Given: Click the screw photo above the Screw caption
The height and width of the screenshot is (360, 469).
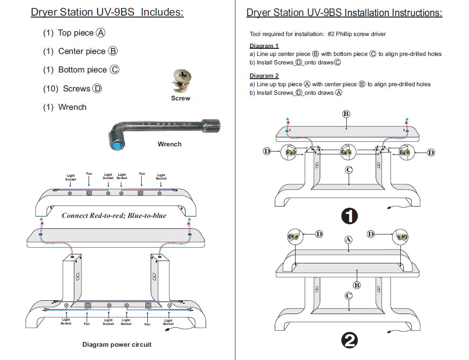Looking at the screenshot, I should pyautogui.click(x=180, y=81).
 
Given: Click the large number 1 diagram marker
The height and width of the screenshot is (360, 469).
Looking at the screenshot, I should pyautogui.click(x=349, y=216).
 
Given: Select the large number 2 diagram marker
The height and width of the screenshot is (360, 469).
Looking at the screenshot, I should pyautogui.click(x=349, y=341).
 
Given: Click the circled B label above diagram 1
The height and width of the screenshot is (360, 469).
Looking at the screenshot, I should pyautogui.click(x=346, y=114).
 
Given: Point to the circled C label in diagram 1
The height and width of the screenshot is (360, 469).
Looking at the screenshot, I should pyautogui.click(x=349, y=170).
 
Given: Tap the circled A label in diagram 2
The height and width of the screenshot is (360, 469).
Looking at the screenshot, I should pyautogui.click(x=348, y=240).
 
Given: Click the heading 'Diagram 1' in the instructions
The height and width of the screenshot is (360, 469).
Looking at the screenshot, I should pyautogui.click(x=264, y=46).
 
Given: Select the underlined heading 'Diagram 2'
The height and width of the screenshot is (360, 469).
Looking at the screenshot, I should pyautogui.click(x=264, y=76).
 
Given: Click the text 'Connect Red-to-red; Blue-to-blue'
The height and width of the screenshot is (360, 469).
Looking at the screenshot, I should pyautogui.click(x=114, y=215).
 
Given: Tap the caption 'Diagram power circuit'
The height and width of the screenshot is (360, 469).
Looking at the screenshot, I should pyautogui.click(x=117, y=344).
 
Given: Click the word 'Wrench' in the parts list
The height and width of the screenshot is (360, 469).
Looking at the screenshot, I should pyautogui.click(x=72, y=107).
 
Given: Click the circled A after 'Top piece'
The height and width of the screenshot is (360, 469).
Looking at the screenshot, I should pyautogui.click(x=100, y=33).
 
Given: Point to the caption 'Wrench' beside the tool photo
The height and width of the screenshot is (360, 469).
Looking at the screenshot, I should pyautogui.click(x=169, y=144).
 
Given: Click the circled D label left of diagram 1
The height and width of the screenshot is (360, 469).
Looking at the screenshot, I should pyautogui.click(x=267, y=151).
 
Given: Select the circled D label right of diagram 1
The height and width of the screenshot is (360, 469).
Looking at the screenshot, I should pyautogui.click(x=431, y=152).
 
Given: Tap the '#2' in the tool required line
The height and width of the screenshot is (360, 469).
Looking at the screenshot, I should pyautogui.click(x=331, y=34).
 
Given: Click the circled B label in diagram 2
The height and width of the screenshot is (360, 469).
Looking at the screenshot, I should pyautogui.click(x=357, y=285).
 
